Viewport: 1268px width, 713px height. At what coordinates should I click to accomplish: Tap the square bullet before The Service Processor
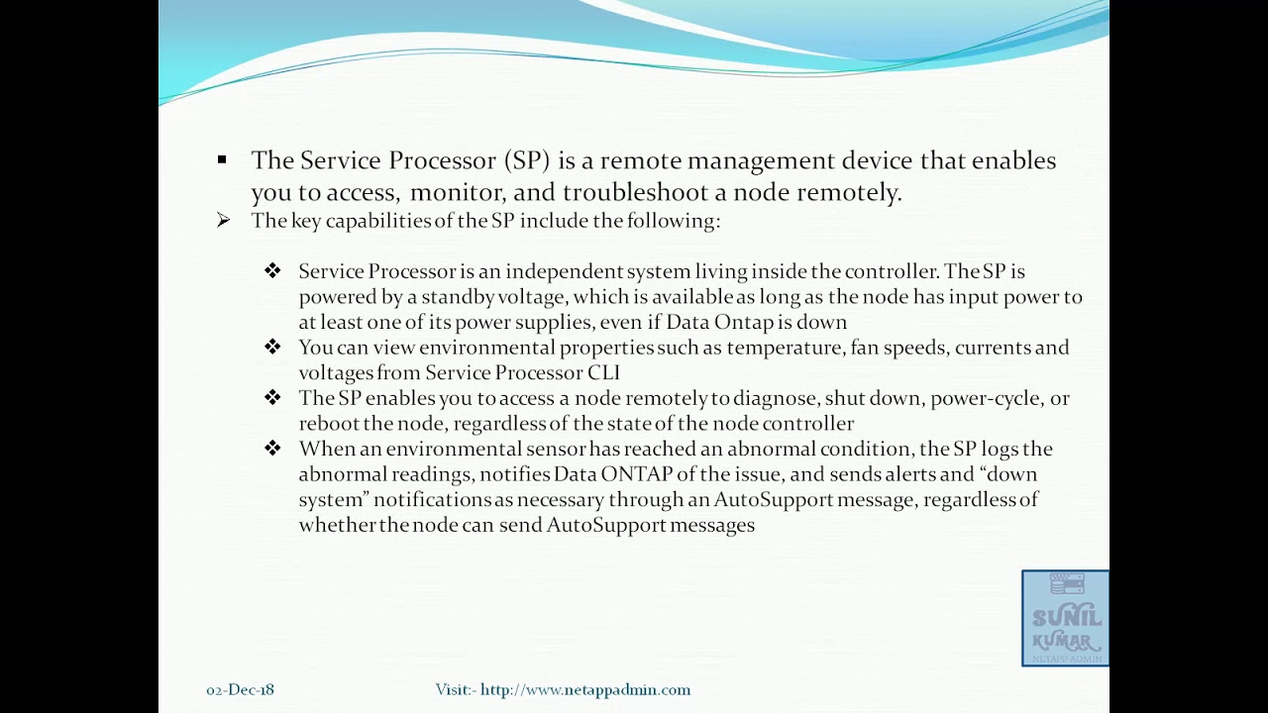(222, 159)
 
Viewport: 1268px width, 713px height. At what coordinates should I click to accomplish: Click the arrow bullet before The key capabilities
(223, 220)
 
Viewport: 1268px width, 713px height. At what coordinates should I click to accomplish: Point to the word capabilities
(364, 220)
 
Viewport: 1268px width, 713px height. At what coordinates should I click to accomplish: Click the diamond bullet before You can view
(272, 347)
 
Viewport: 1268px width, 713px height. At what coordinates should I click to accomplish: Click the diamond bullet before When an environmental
(272, 449)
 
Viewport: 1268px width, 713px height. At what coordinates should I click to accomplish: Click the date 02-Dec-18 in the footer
(241, 689)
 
